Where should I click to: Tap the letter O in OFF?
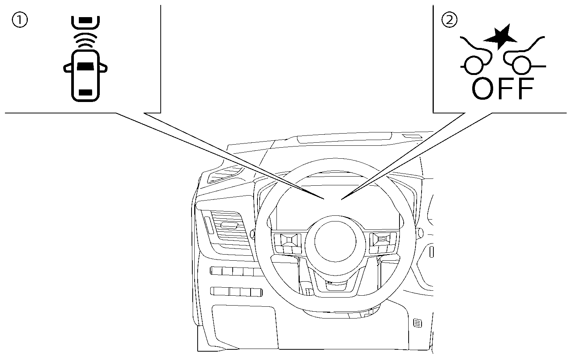pos(484,88)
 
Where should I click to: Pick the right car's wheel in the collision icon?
pos(521,65)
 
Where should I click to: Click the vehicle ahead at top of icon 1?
pos(85,22)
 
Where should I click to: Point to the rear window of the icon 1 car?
pos(85,92)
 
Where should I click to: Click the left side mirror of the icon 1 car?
pos(67,69)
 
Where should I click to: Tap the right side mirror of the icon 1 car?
pos(103,69)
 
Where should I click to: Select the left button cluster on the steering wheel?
pos(288,242)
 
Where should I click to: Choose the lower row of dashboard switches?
pos(236,292)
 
